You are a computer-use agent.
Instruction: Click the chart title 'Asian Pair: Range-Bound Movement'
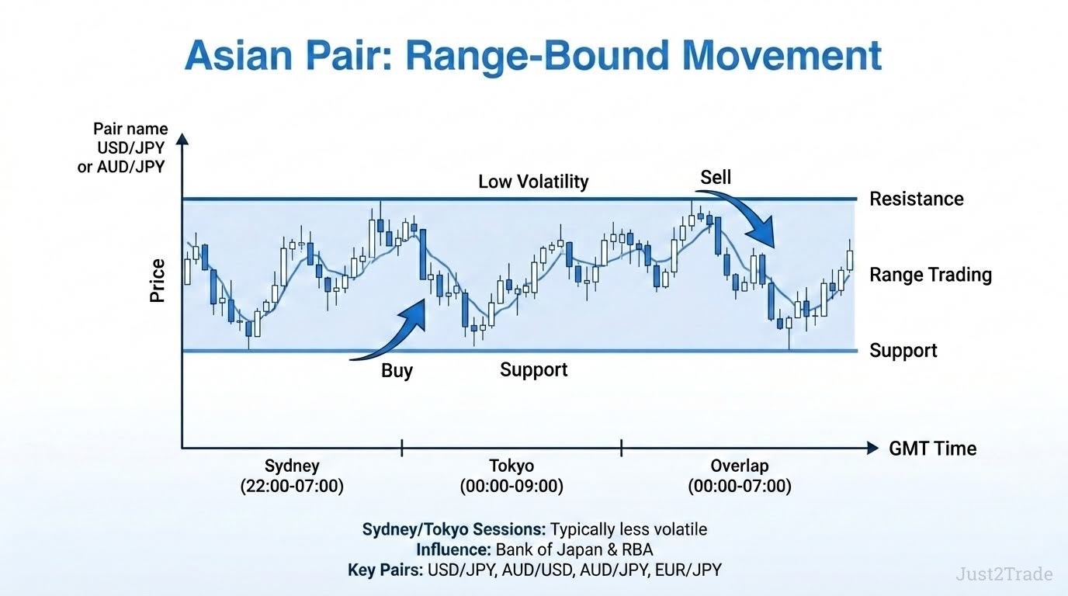[x=533, y=57]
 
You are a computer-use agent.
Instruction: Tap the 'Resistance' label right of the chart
[x=917, y=199]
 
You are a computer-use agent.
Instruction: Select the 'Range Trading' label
[x=931, y=275]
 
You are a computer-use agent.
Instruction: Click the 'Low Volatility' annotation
[x=533, y=182]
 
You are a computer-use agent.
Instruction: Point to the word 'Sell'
[x=715, y=178]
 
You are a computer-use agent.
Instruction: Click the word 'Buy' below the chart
[x=397, y=371]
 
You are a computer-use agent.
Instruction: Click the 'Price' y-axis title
[x=158, y=281]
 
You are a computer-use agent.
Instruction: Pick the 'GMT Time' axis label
[x=933, y=449]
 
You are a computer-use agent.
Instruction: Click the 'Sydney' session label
[x=292, y=466]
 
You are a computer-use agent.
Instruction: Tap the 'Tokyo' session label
[x=511, y=466]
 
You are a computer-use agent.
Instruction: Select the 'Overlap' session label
[x=740, y=466]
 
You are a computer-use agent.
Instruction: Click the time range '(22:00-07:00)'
[x=292, y=487]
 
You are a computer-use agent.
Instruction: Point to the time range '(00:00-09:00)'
[x=511, y=487]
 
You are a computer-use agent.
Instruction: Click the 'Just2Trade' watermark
[x=1004, y=574]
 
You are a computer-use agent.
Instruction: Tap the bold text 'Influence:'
[x=453, y=549]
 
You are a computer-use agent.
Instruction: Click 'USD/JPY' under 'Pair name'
[x=130, y=148]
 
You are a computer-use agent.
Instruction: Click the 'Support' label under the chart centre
[x=533, y=370]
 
